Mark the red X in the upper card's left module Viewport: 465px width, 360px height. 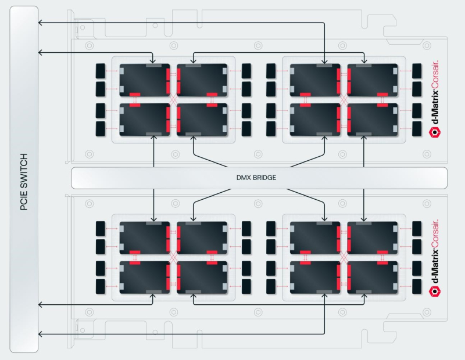click(x=173, y=100)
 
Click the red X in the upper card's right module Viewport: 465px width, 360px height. click(x=344, y=100)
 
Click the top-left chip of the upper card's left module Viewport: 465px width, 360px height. click(x=145, y=80)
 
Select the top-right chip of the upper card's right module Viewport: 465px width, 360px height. click(x=372, y=80)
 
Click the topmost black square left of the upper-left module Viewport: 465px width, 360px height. click(x=101, y=70)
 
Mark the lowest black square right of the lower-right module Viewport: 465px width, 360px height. click(x=417, y=286)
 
